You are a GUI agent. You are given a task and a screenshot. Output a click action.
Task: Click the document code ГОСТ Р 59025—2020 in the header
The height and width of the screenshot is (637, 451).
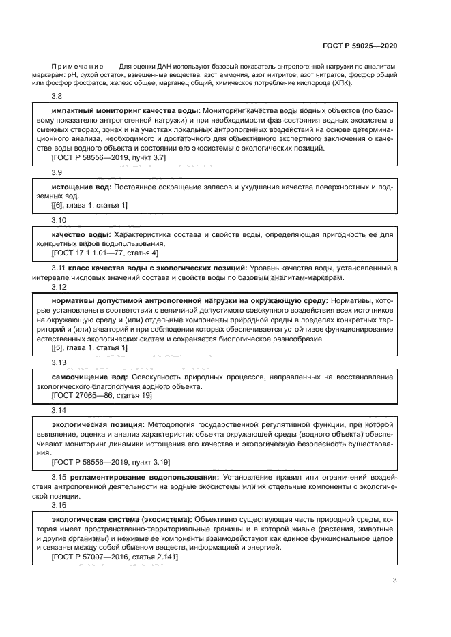coord(360,46)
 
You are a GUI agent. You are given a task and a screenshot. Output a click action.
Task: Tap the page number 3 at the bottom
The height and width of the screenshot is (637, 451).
coord(395,580)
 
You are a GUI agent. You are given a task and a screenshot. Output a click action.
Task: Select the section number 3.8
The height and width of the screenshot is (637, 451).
coord(57,97)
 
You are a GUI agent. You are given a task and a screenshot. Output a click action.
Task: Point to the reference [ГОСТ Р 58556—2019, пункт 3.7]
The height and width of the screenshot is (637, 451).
coord(108,157)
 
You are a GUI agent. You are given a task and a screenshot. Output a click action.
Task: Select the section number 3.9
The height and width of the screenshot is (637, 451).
coord(57,173)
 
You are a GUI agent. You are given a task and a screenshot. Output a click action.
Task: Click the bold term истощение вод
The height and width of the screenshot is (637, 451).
coord(81,187)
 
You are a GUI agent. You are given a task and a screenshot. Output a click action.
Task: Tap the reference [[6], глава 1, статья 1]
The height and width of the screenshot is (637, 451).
coord(89,205)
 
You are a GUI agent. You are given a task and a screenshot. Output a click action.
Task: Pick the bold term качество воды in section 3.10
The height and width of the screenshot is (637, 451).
coord(82,234)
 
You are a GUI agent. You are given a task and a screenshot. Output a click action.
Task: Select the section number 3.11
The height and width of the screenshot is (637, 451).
coord(59,268)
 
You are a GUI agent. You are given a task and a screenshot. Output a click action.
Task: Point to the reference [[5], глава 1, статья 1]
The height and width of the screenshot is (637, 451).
coord(89,347)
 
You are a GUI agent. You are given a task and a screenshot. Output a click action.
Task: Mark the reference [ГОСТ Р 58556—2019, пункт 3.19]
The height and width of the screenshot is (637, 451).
coord(111,461)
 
